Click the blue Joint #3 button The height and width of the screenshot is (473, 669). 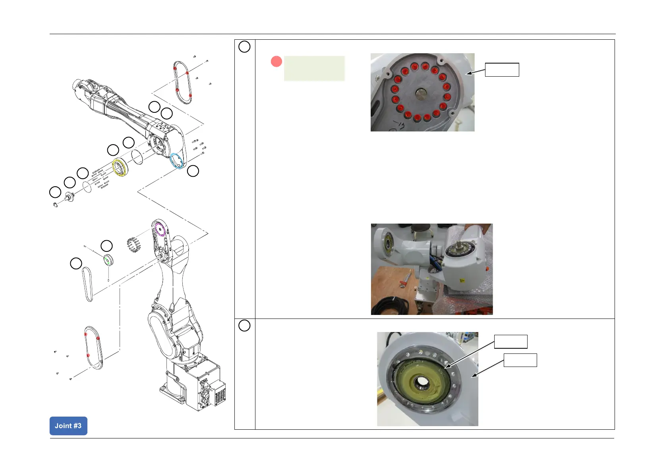(x=68, y=426)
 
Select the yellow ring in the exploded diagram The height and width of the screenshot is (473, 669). (x=120, y=167)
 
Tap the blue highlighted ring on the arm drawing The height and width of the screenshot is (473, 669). (x=177, y=161)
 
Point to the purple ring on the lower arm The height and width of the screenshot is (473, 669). (x=159, y=230)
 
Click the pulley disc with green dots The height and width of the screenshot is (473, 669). (x=108, y=260)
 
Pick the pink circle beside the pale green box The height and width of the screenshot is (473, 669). (x=276, y=62)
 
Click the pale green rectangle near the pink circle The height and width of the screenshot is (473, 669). (x=314, y=68)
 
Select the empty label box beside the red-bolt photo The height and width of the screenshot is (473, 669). (x=502, y=70)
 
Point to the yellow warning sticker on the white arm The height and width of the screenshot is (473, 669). (x=462, y=281)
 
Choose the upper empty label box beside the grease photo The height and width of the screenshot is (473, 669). (x=510, y=342)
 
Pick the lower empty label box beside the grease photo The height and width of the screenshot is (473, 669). (x=520, y=360)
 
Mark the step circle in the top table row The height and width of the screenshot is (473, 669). (x=244, y=47)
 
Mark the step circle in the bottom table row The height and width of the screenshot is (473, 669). (x=244, y=326)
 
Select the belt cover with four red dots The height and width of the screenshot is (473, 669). (x=183, y=83)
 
